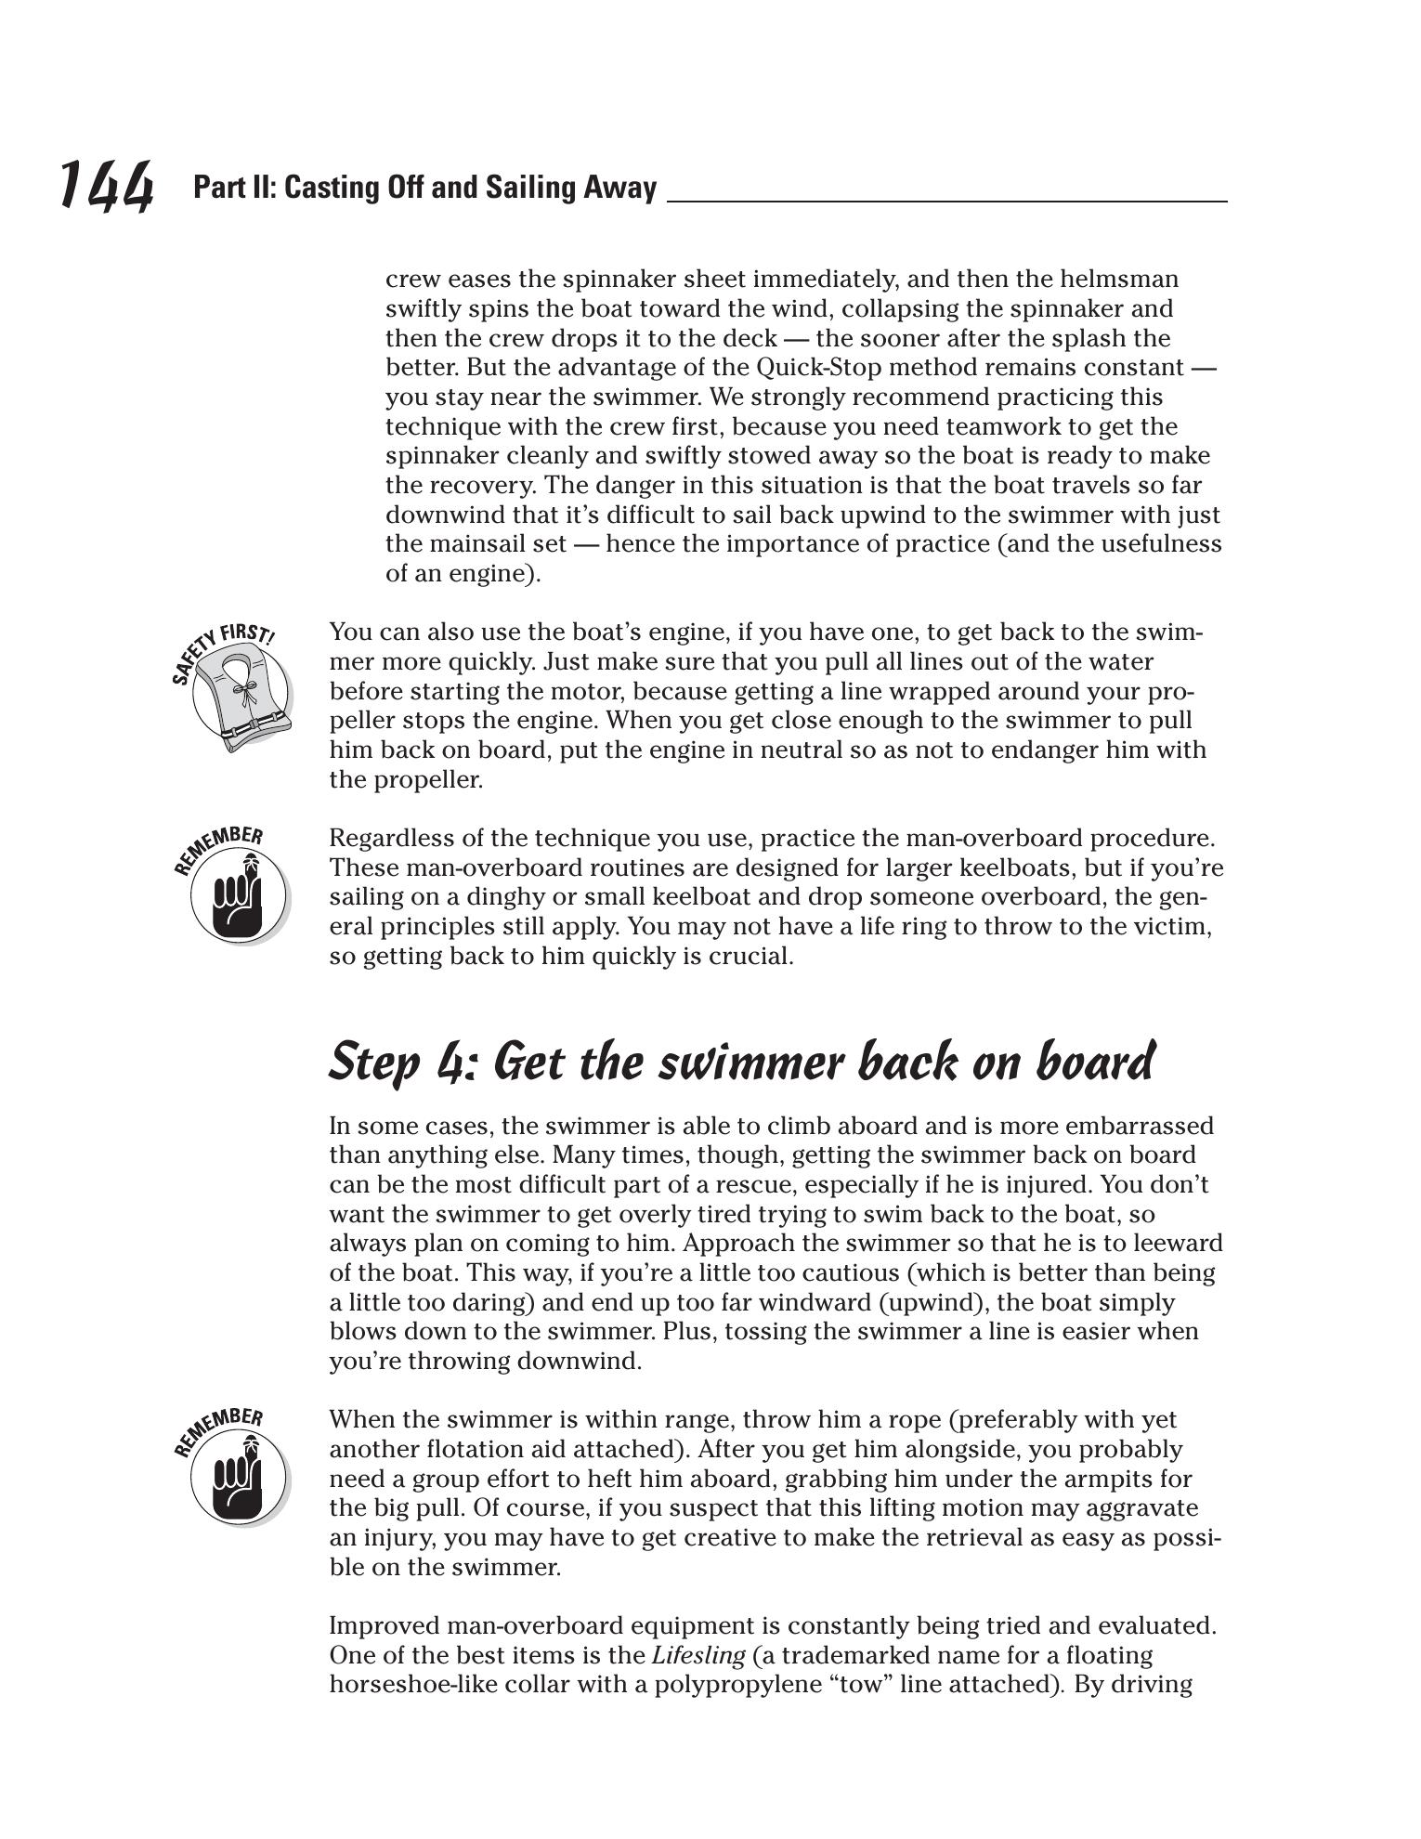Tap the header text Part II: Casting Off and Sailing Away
click(x=424, y=188)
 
